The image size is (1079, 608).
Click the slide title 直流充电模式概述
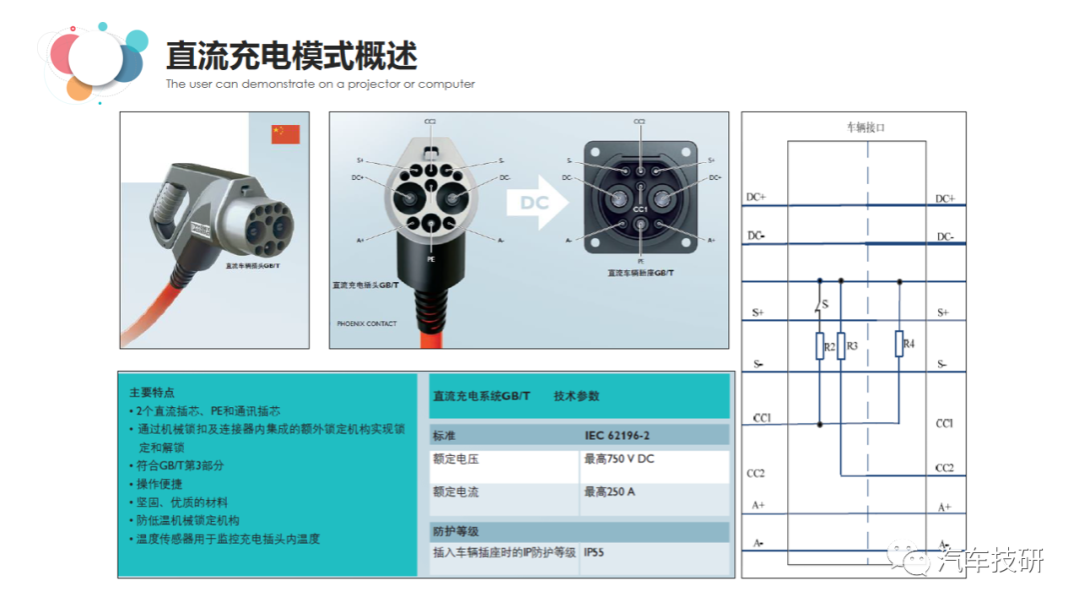click(291, 55)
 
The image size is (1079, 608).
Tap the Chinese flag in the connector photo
click(285, 135)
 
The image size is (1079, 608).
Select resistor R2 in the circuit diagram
click(820, 347)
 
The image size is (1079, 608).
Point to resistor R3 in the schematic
click(841, 347)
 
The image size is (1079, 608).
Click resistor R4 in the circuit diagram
click(899, 344)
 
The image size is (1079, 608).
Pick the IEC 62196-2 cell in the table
click(617, 436)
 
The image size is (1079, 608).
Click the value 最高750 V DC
click(619, 459)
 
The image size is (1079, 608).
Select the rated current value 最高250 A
click(609, 492)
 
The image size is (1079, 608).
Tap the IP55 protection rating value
click(594, 551)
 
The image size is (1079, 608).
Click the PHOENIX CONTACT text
click(367, 324)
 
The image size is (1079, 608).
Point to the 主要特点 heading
click(152, 393)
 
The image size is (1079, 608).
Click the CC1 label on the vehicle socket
click(640, 209)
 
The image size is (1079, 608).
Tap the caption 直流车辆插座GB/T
click(641, 272)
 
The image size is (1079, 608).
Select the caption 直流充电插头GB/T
click(365, 285)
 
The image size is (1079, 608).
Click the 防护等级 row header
click(456, 531)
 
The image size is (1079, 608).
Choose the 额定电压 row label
click(456, 459)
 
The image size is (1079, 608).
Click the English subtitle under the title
click(320, 84)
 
